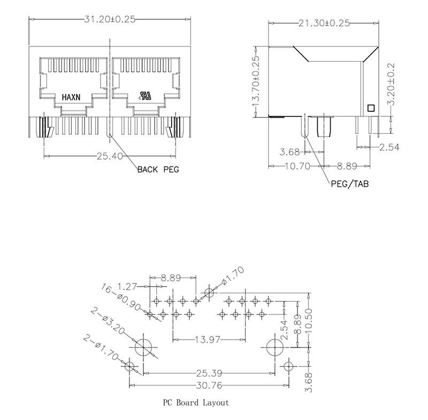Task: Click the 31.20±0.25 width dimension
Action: tap(110, 19)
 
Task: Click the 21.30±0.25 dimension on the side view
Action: tap(324, 23)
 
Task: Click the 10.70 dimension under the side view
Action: tap(297, 167)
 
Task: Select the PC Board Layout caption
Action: tap(196, 402)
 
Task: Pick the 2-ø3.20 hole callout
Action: tap(110, 321)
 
